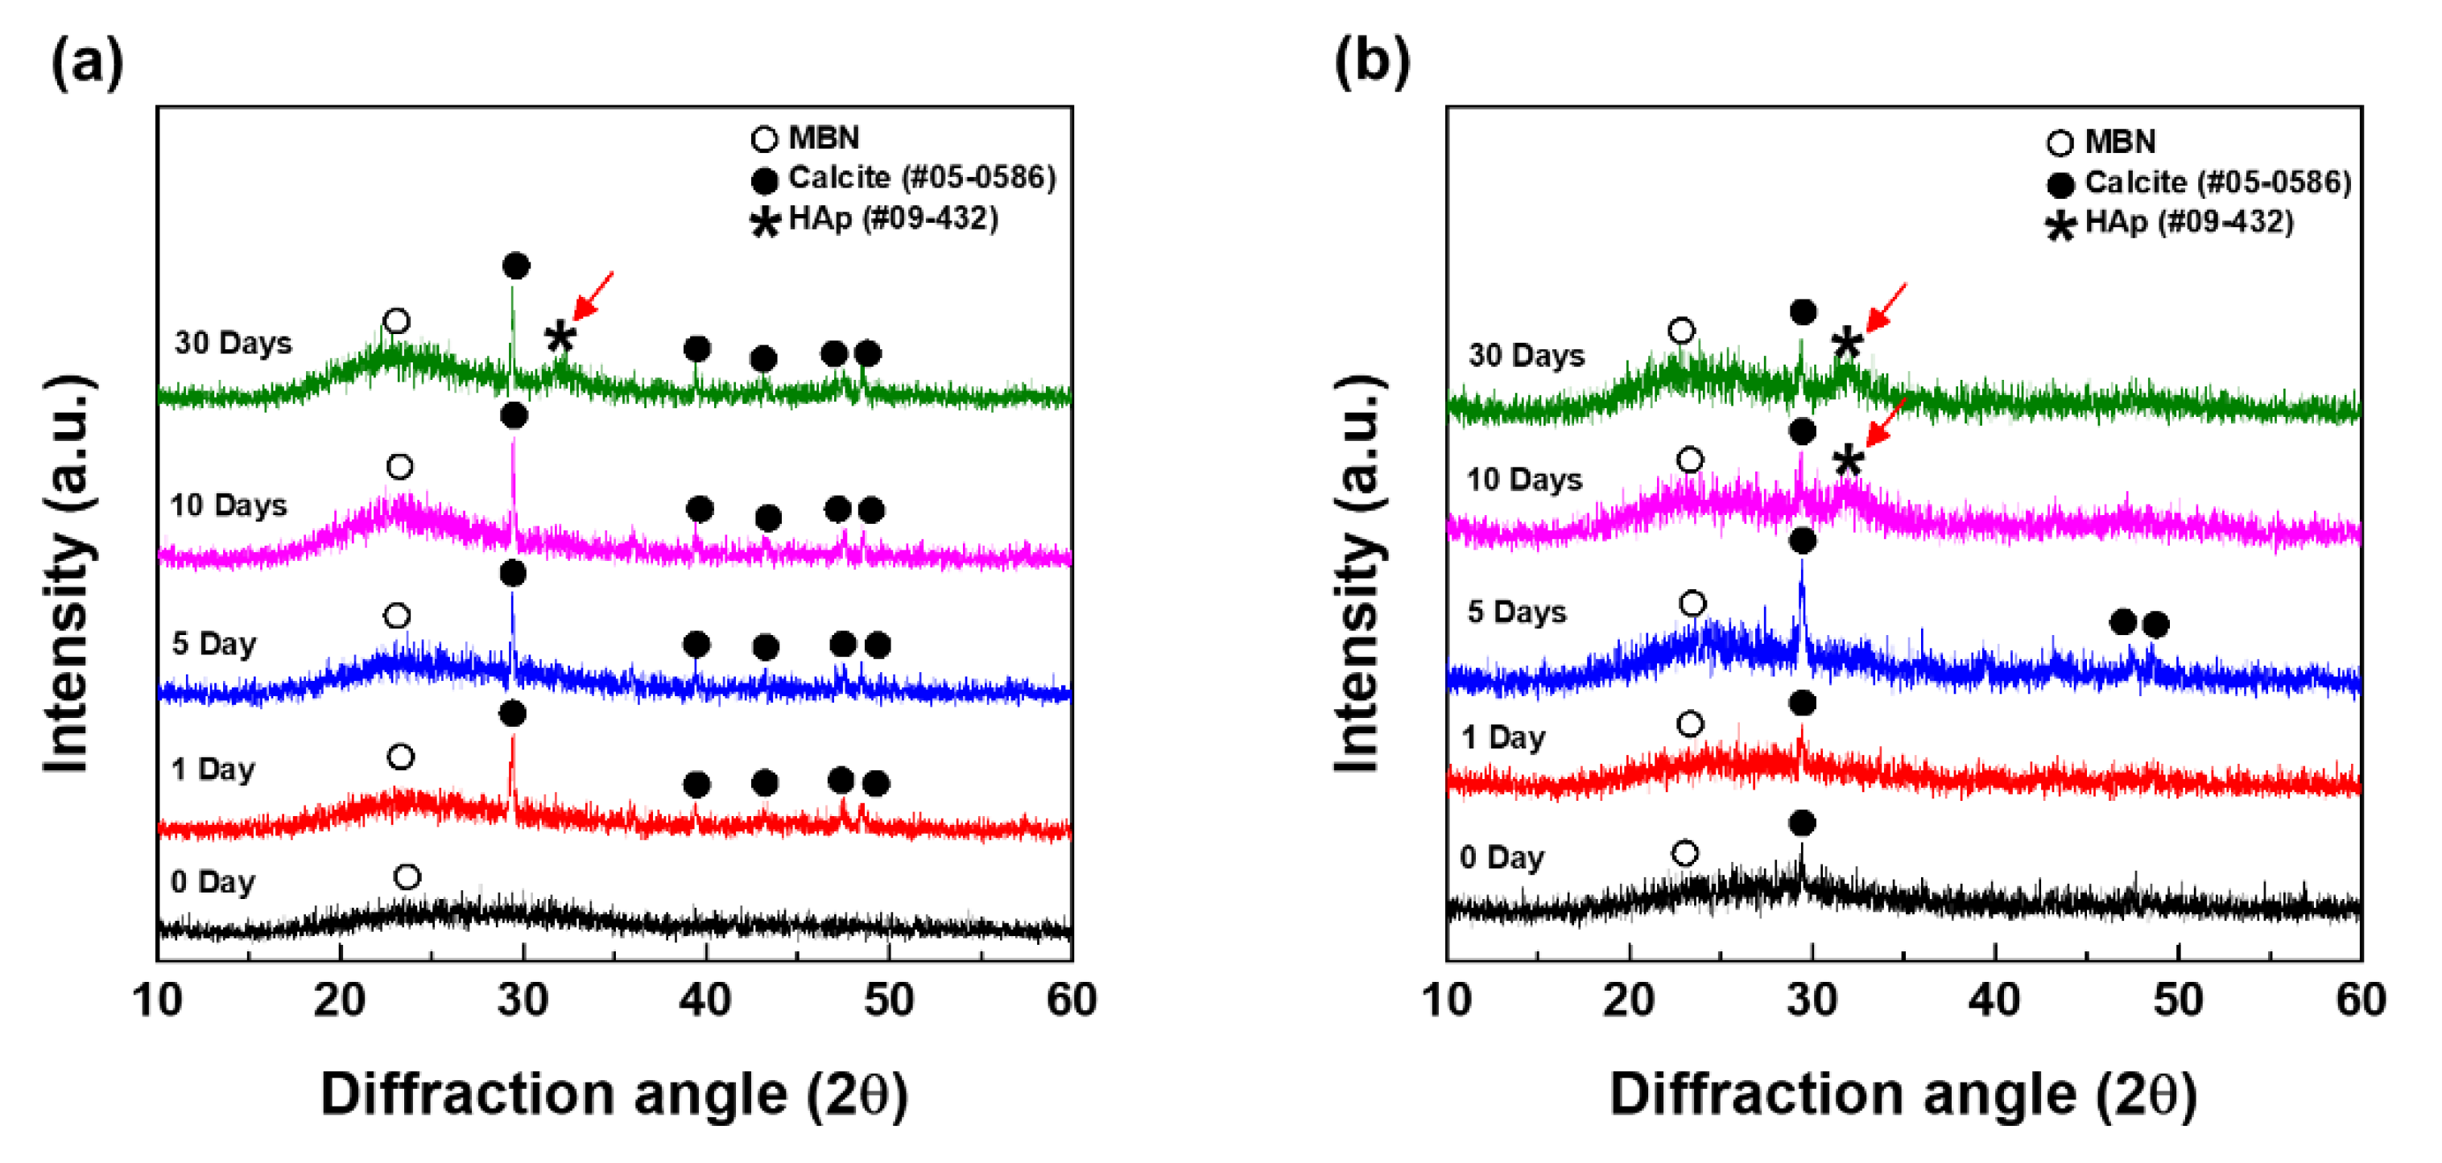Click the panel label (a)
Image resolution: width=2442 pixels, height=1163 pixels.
click(x=86, y=64)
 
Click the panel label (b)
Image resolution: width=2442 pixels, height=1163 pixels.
click(x=1371, y=64)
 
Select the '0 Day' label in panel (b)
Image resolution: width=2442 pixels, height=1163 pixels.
click(x=1502, y=858)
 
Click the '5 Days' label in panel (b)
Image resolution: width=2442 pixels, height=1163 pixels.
click(x=1516, y=612)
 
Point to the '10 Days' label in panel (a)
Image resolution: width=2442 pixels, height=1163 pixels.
click(x=228, y=505)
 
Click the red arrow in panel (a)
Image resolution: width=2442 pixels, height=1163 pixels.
click(x=594, y=295)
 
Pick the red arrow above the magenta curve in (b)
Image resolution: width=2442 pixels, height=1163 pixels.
click(x=1886, y=423)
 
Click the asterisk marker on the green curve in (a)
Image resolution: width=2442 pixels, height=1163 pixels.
click(x=560, y=337)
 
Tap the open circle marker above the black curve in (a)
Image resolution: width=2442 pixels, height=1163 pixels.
click(x=407, y=876)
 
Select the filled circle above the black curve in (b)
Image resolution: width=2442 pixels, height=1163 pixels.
click(x=1802, y=823)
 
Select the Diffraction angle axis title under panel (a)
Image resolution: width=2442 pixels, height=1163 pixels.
click(x=614, y=1095)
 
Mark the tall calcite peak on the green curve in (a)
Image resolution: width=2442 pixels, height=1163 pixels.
click(x=512, y=322)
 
